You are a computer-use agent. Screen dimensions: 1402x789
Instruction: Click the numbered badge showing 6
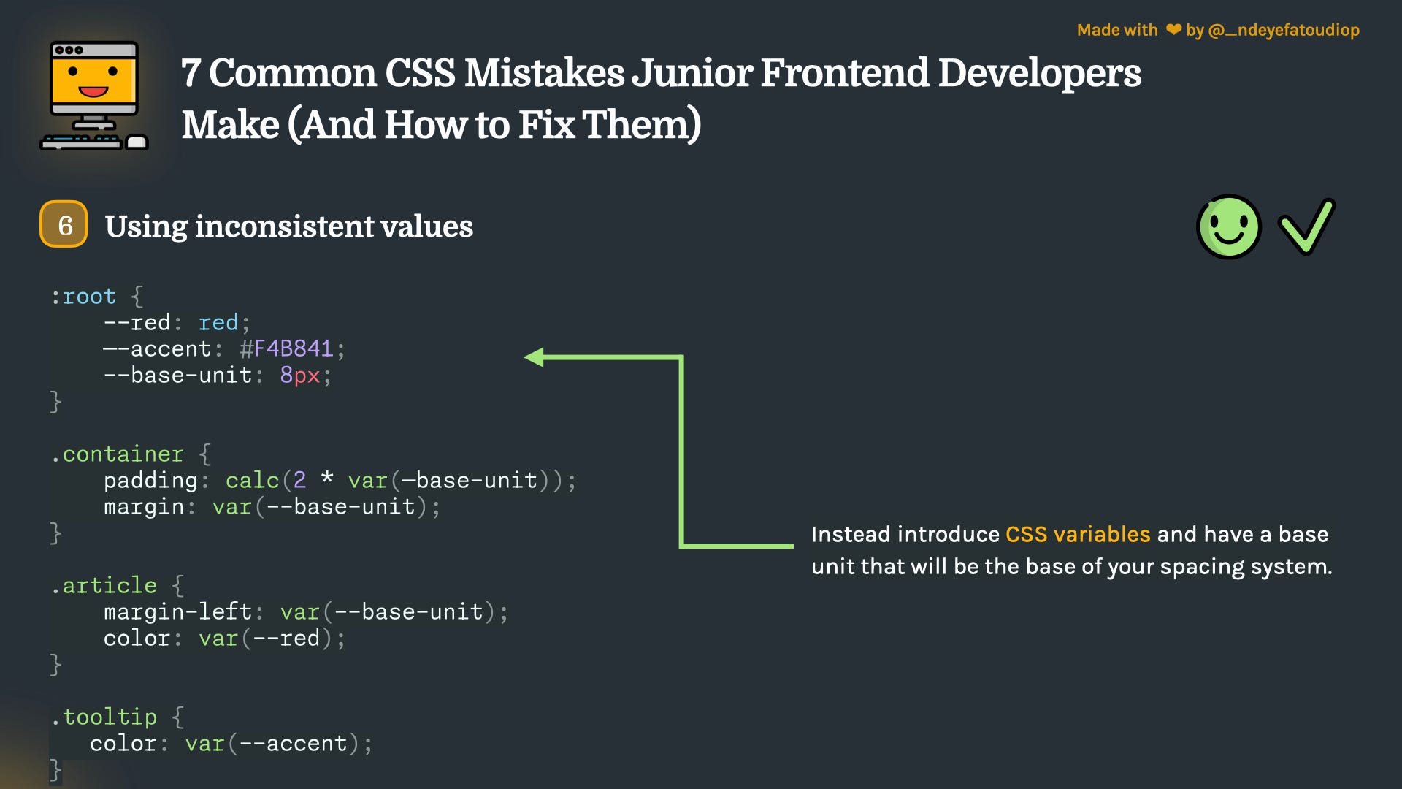tap(64, 224)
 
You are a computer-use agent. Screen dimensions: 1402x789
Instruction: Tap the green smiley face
tap(1229, 226)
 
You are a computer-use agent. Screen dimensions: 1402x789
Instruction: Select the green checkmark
tap(1306, 227)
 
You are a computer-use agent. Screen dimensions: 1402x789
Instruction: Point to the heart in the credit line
tap(1173, 30)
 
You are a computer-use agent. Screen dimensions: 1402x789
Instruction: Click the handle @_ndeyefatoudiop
tap(1284, 30)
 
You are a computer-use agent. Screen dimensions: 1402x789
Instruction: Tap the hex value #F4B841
tap(286, 348)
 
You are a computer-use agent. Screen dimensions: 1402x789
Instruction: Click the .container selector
tap(118, 454)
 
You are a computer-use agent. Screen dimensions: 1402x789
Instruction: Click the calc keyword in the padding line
tap(252, 480)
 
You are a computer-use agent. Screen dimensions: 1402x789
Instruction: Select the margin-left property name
tap(177, 611)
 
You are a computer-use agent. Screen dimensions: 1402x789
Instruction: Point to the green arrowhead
tap(535, 357)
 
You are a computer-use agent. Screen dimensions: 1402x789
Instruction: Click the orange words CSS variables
tap(1077, 534)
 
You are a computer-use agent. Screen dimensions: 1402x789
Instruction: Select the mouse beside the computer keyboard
tap(137, 142)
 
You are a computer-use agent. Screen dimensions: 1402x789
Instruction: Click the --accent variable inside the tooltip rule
tap(293, 743)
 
